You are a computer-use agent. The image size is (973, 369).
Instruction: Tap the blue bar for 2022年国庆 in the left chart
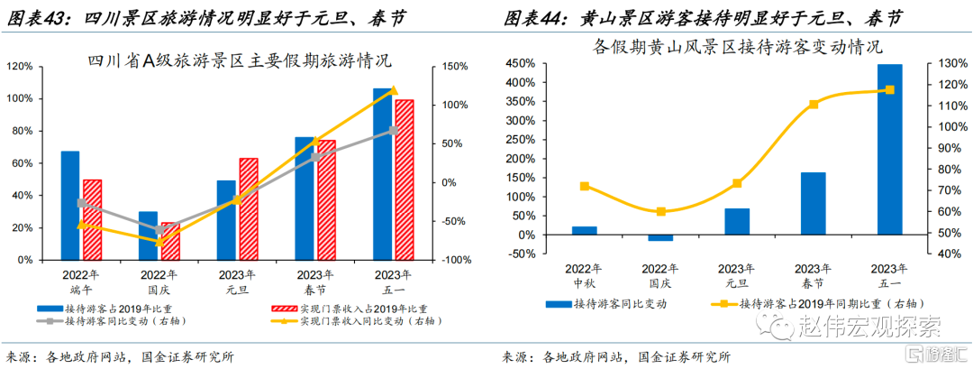148,235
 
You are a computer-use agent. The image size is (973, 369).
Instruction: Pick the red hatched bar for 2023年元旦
248,208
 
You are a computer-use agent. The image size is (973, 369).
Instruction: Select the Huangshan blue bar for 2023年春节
813,203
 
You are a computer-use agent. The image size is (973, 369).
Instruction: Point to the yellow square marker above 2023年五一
889,90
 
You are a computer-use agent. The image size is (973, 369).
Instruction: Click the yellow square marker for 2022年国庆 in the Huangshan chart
660,211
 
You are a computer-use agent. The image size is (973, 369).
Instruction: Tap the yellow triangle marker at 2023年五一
393,90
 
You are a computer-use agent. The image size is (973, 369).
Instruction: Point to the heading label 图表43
36,17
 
